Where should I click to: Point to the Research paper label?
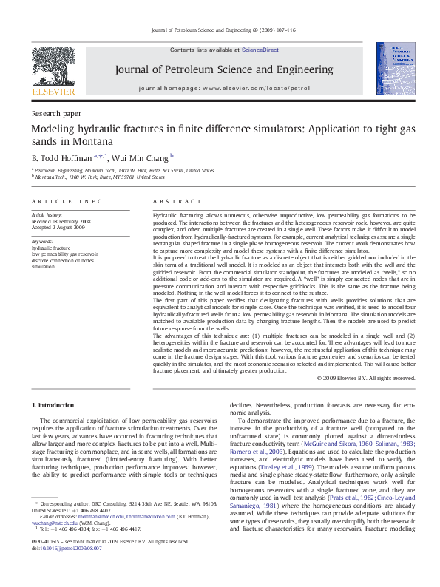coord(56,114)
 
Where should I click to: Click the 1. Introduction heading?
coord(53,405)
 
